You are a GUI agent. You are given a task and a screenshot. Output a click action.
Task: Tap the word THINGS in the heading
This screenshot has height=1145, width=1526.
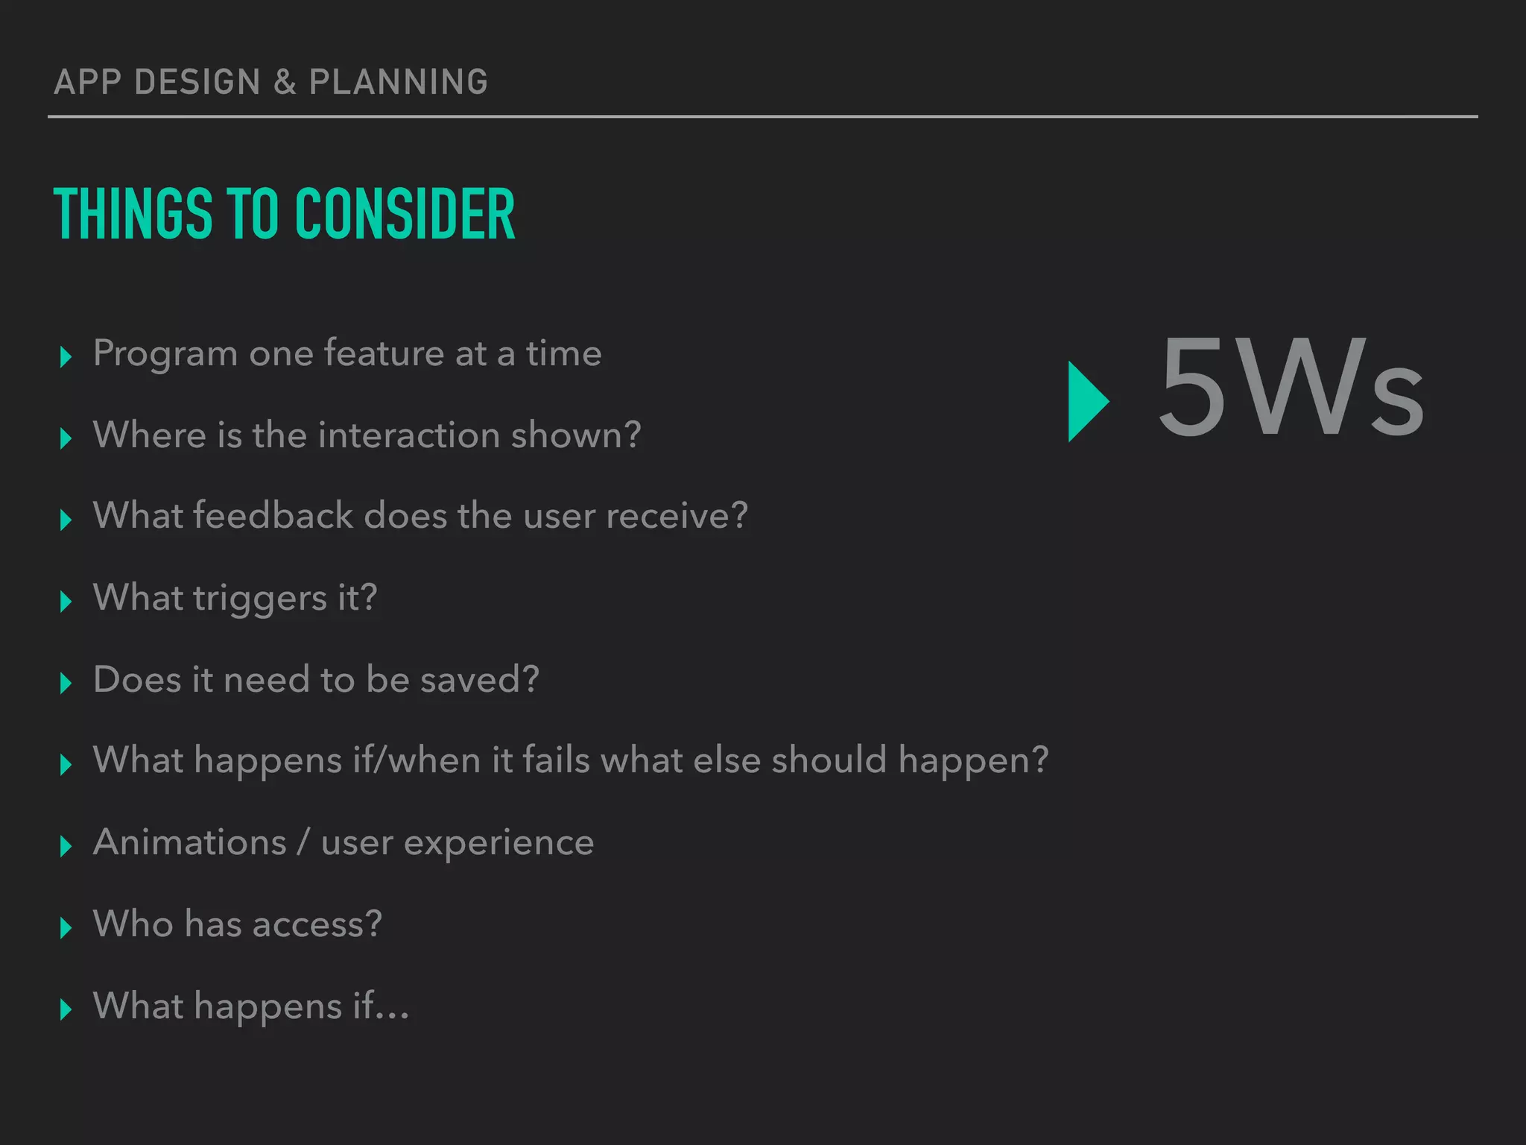[133, 215]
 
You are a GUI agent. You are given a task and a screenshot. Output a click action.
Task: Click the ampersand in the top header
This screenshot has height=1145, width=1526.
[285, 82]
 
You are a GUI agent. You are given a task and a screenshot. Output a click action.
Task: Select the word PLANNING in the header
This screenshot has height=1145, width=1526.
[399, 82]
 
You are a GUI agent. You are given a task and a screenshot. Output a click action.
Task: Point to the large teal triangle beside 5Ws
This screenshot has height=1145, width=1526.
[1086, 401]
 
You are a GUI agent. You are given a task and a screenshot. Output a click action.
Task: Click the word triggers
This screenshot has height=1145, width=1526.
[260, 599]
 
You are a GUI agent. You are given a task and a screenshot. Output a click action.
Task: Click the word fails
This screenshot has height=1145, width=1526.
[556, 760]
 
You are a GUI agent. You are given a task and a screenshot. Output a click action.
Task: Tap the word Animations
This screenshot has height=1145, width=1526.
[190, 842]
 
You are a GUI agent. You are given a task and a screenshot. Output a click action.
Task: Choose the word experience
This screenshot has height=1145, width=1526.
[498, 844]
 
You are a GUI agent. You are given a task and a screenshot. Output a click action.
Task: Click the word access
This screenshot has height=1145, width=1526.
[316, 924]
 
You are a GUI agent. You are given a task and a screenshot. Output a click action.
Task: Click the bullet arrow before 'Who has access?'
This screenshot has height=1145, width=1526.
[66, 927]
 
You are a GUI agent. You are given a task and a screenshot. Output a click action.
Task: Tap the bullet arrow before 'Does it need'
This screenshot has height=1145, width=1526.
[66, 682]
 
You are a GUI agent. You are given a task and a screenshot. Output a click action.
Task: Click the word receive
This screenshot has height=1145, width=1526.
[676, 516]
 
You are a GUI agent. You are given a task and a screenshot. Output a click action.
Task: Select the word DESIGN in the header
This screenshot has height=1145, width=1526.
[197, 82]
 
